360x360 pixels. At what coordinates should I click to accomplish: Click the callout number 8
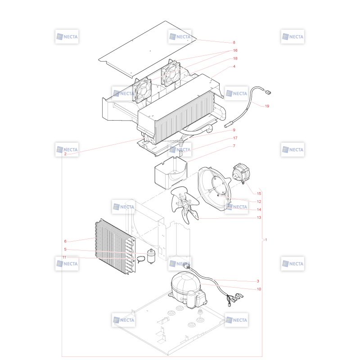click(234, 42)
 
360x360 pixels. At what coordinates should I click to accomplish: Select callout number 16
click(235, 50)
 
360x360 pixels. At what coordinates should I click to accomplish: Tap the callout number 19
click(267, 106)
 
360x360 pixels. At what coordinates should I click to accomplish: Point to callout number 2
click(65, 154)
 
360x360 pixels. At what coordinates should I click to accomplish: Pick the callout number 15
click(259, 193)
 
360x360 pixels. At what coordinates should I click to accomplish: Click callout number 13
click(259, 217)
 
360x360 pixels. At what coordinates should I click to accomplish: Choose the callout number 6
click(65, 241)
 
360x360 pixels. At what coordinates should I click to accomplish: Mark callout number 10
click(259, 289)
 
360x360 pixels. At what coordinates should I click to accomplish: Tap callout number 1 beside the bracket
click(266, 240)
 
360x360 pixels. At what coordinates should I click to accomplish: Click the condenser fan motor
click(241, 173)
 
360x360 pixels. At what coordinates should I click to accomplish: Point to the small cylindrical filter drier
click(151, 256)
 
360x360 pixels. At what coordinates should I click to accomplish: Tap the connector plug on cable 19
click(268, 92)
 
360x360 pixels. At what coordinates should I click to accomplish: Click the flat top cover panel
click(148, 49)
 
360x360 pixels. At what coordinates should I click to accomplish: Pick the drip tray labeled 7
click(171, 172)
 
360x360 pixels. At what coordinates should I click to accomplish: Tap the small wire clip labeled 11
click(141, 260)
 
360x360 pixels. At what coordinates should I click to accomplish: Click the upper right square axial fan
click(171, 73)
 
